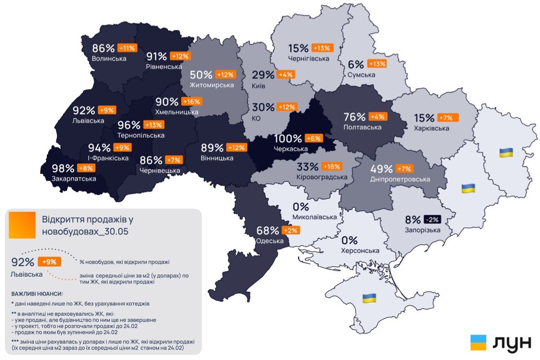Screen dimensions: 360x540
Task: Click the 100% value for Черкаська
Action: (x=288, y=139)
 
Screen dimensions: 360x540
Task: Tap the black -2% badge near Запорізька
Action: (x=432, y=220)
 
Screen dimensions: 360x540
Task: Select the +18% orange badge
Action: (x=332, y=166)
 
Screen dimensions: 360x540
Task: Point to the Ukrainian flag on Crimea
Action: (x=369, y=297)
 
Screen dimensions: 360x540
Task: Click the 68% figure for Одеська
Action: (x=268, y=230)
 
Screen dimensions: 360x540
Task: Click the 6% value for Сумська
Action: (x=355, y=64)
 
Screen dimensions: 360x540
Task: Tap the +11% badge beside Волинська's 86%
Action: (x=127, y=48)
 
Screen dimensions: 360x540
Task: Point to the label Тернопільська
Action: (x=141, y=135)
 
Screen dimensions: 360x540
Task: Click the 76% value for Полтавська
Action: (x=355, y=117)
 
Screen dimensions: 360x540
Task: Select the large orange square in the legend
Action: (x=22, y=225)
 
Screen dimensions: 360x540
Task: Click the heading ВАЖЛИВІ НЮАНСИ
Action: (x=37, y=294)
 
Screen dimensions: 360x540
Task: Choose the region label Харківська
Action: (x=432, y=128)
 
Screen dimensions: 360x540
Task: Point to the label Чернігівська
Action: (x=309, y=58)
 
